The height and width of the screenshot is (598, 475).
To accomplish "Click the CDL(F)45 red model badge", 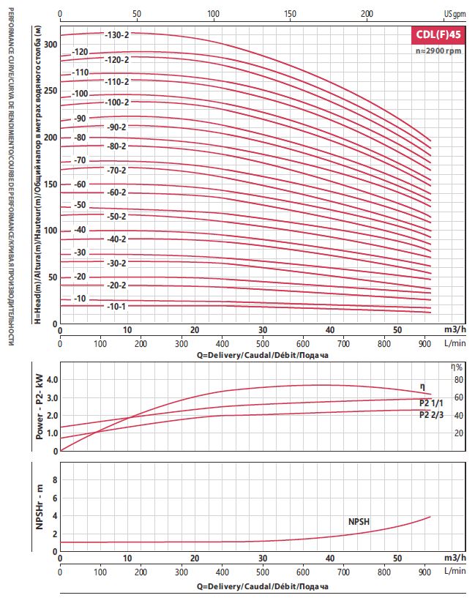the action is [438, 34].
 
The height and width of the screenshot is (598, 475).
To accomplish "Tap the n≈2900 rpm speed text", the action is [438, 51].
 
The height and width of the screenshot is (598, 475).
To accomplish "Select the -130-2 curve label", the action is [117, 34].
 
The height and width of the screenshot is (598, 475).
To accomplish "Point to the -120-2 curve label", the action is [117, 60].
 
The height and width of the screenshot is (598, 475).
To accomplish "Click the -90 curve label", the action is [80, 119].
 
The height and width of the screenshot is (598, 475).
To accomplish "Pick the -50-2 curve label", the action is [116, 216].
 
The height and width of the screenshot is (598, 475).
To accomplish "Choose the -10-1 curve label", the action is [116, 306].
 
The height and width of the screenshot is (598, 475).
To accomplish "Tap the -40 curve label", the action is [80, 230].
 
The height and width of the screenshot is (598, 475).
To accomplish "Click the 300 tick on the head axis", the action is [51, 44].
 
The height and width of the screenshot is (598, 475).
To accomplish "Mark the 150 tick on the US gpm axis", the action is [290, 14].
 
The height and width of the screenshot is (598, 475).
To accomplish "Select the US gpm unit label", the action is [455, 14].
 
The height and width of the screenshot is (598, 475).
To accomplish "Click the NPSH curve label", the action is [359, 521].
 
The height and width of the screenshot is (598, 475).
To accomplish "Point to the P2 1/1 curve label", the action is [431, 403].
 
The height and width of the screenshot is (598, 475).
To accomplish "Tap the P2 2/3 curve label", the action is [431, 414].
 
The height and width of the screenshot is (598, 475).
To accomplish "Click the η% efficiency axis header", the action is [457, 367].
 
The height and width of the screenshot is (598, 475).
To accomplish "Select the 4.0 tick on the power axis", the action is [52, 380].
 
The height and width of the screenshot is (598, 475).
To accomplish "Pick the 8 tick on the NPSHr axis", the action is [55, 479].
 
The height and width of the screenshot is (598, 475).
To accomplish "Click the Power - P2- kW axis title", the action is [40, 406].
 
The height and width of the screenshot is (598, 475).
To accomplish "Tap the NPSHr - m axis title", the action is [40, 507].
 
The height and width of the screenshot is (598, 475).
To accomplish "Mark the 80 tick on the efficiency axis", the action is [459, 380].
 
